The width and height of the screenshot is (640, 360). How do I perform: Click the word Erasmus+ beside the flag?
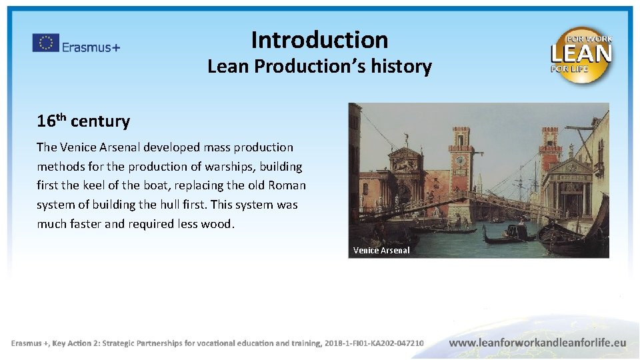[x=91, y=47]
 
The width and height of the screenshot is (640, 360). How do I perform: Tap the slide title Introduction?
[x=319, y=40]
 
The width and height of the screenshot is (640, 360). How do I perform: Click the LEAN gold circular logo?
[x=581, y=55]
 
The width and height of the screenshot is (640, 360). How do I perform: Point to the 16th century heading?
[x=83, y=121]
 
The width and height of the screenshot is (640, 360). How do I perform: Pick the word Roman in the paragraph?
[x=287, y=185]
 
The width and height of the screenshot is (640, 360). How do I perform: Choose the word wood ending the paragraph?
[x=219, y=224]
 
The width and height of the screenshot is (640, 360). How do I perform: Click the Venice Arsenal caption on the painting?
[x=381, y=251]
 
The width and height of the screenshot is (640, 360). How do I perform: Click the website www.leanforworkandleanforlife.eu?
[x=538, y=343]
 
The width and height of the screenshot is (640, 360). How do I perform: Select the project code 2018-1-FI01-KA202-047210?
[x=375, y=343]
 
